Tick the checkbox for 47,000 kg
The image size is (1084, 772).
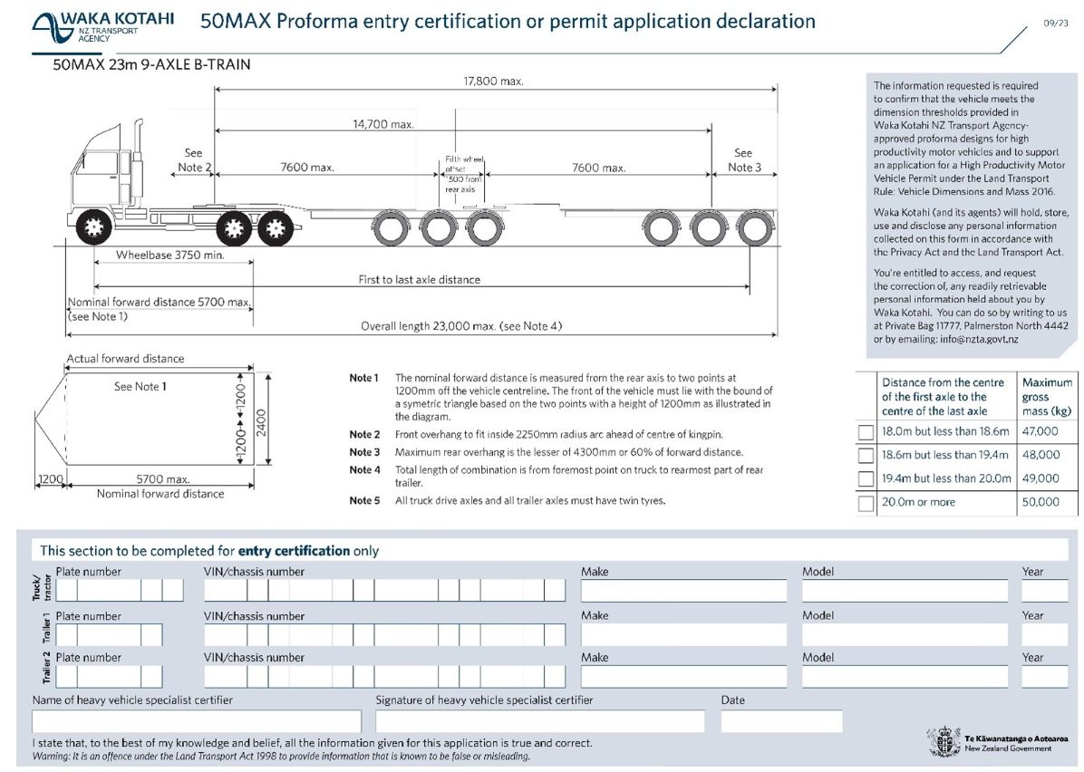pyautogui.click(x=866, y=433)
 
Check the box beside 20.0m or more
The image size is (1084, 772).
pyautogui.click(x=866, y=503)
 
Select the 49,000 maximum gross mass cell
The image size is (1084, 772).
pyautogui.click(x=1040, y=478)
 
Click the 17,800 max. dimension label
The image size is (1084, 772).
pyautogui.click(x=495, y=82)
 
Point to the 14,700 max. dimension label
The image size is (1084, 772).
pyautogui.click(x=383, y=124)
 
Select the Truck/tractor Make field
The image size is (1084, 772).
pyautogui.click(x=683, y=591)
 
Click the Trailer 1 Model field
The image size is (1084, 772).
pyautogui.click(x=904, y=634)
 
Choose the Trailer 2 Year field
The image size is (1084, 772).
pyautogui.click(x=1044, y=677)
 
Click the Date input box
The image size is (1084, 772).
pyautogui.click(x=780, y=721)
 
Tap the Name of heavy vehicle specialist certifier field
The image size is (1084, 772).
pyautogui.click(x=196, y=721)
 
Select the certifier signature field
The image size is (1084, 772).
pyautogui.click(x=539, y=721)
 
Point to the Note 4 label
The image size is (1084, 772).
pyautogui.click(x=365, y=470)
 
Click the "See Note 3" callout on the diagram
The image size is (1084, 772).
pyautogui.click(x=742, y=160)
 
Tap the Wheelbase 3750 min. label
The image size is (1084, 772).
pyautogui.click(x=170, y=256)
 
